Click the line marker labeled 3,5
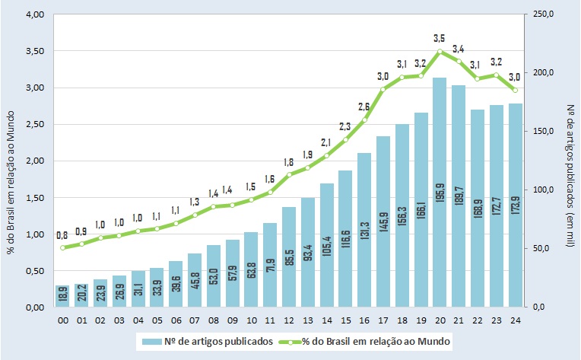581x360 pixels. pos(440,52)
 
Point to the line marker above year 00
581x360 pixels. pos(63,247)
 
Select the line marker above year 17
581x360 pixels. pos(383,90)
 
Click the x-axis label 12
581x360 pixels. pos(289,320)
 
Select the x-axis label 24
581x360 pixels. pos(515,320)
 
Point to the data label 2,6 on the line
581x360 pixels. pos(364,107)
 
